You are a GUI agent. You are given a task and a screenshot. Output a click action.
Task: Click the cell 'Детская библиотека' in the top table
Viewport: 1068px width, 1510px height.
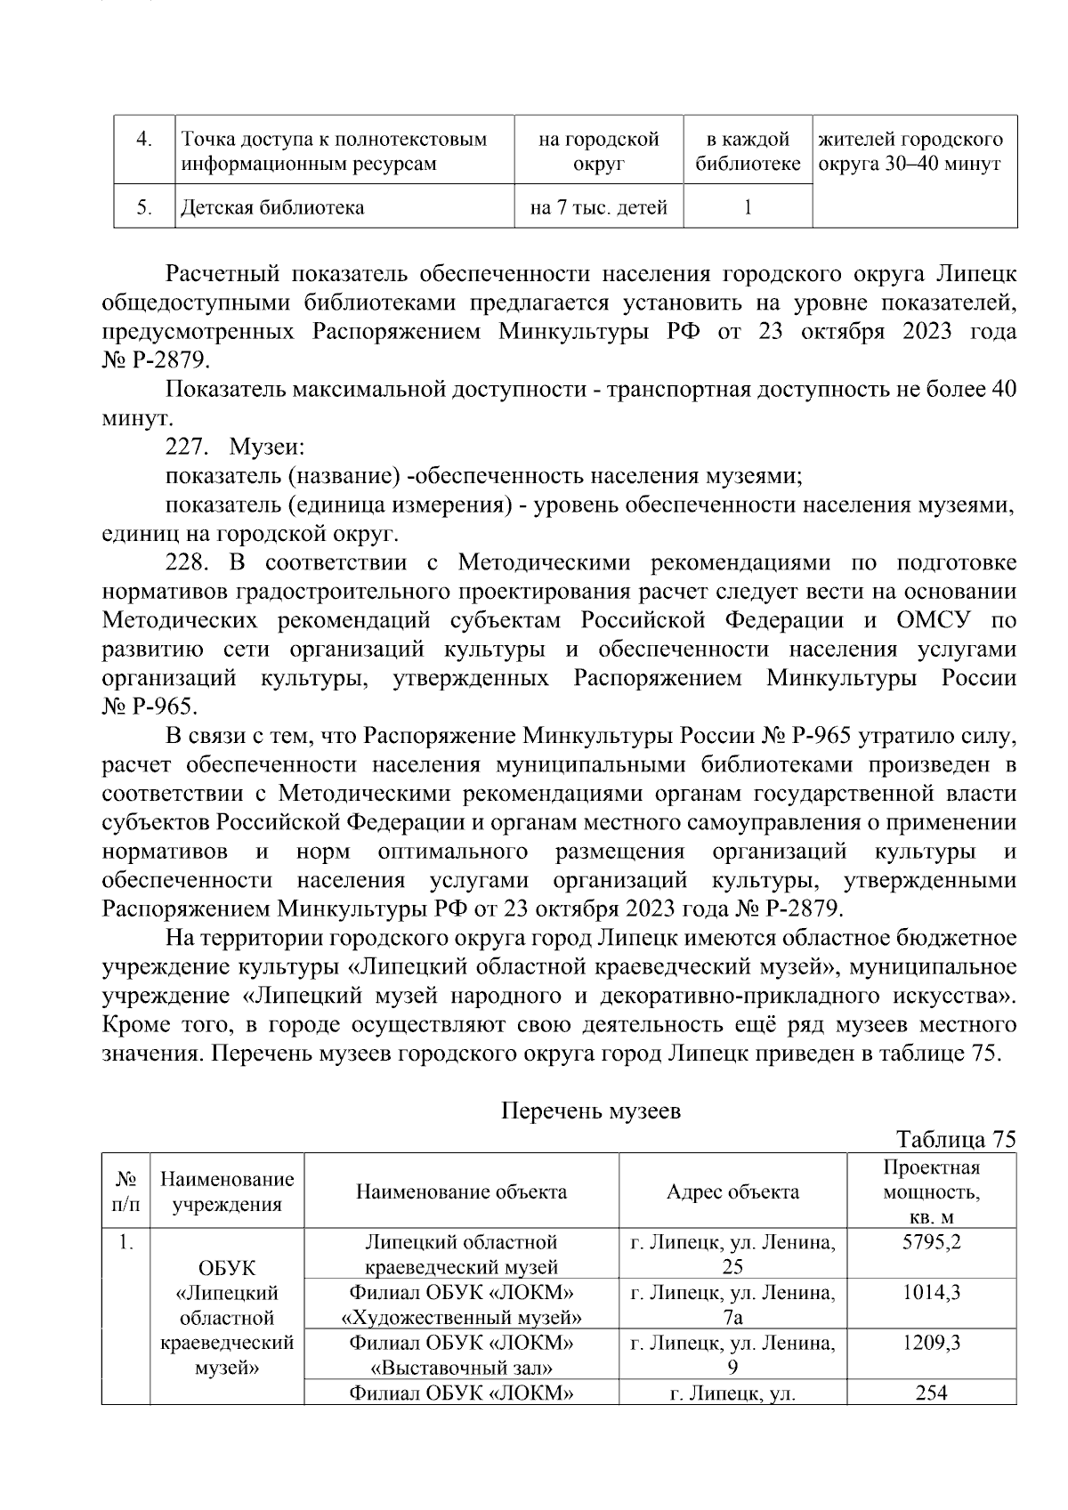click(272, 208)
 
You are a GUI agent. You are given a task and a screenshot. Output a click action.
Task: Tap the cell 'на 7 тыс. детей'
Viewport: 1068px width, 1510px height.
click(598, 208)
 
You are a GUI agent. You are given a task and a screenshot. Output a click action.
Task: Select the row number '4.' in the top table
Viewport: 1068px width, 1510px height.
click(143, 140)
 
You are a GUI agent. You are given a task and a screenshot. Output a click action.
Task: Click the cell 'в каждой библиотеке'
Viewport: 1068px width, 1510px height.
click(748, 151)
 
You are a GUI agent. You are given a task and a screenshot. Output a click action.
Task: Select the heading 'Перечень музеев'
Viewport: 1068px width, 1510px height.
click(592, 1110)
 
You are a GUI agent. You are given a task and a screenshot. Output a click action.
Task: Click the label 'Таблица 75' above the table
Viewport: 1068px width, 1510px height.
click(956, 1140)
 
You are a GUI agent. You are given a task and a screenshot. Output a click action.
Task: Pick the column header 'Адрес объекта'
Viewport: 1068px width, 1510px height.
click(732, 1191)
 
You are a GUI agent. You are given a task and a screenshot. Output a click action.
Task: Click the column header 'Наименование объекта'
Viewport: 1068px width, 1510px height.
click(461, 1191)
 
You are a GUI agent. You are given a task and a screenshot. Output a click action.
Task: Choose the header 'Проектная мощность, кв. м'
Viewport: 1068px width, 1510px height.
click(931, 1191)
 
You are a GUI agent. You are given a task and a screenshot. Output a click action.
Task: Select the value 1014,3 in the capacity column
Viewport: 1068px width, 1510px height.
click(931, 1292)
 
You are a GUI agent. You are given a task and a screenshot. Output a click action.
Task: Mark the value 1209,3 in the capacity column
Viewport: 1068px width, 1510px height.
click(931, 1343)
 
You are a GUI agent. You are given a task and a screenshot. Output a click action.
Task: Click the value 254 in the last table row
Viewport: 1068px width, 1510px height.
click(931, 1393)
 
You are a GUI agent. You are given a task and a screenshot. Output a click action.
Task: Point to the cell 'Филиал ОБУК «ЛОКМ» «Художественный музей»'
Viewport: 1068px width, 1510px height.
click(461, 1304)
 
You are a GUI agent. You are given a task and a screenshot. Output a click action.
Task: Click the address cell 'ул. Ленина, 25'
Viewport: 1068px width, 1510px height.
click(732, 1254)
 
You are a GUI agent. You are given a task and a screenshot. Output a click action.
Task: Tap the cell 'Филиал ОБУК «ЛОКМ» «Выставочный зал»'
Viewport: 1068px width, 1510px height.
click(461, 1354)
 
